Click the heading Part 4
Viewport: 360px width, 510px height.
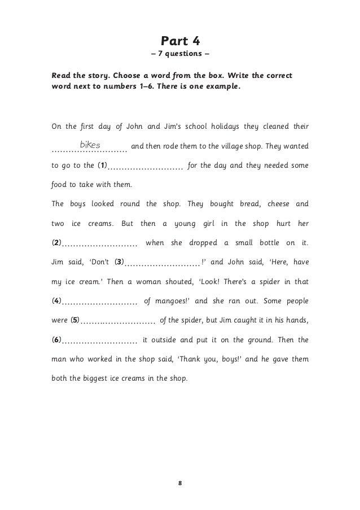tap(180, 41)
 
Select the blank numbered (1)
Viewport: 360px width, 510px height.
tap(145, 167)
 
